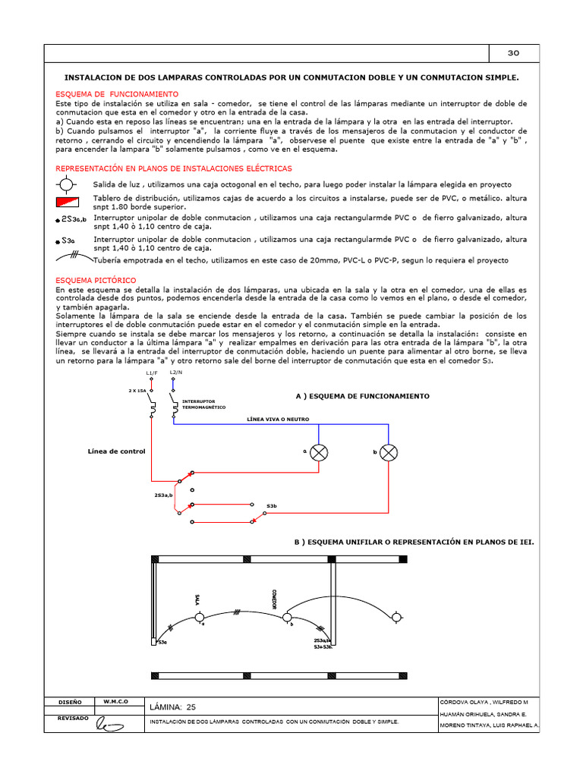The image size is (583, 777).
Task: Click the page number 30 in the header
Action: tap(512, 53)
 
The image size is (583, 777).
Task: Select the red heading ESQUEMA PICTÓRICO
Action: tap(96, 281)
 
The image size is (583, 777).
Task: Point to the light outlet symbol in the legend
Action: tap(67, 184)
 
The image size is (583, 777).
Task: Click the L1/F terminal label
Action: tap(151, 373)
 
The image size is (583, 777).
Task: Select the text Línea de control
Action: tap(116, 451)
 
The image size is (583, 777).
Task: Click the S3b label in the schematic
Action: tap(271, 505)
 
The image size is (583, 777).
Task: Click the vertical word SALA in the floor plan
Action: tap(197, 599)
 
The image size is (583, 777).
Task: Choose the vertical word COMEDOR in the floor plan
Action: tap(273, 599)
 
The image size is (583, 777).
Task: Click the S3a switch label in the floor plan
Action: tap(161, 643)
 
